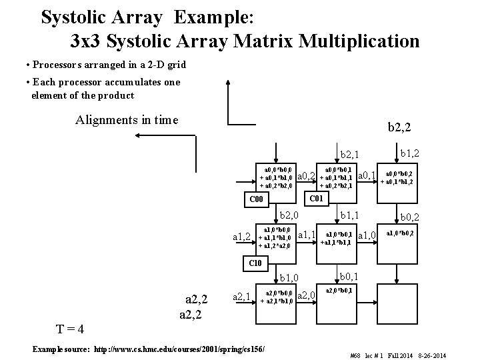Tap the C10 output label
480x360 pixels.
255,263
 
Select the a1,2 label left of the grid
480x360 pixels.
242,236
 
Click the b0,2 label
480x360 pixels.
411,217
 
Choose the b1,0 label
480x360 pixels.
292,277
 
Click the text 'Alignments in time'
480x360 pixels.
127,120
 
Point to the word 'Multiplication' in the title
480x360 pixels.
359,41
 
